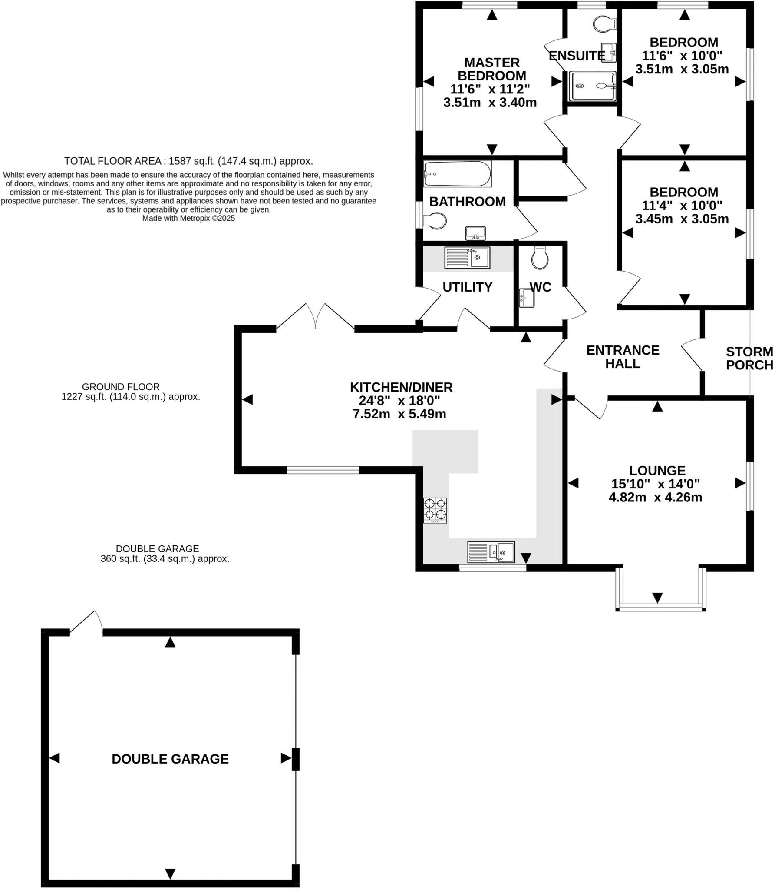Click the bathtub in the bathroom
tap(458, 174)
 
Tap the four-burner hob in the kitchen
tap(435, 510)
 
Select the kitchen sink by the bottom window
tap(491, 552)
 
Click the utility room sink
tap(467, 258)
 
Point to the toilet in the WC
tap(540, 259)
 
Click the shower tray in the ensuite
tap(592, 86)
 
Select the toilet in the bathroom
tap(435, 221)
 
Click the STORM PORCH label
tap(749, 358)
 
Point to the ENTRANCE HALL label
tap(623, 356)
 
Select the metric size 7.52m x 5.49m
tap(399, 414)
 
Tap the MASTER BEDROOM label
tap(491, 69)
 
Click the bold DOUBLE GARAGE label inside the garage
tap(170, 759)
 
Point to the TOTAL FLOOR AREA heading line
tap(188, 161)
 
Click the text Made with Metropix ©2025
tap(188, 218)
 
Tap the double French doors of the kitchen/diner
tap(316, 317)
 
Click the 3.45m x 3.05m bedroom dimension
tap(682, 219)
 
